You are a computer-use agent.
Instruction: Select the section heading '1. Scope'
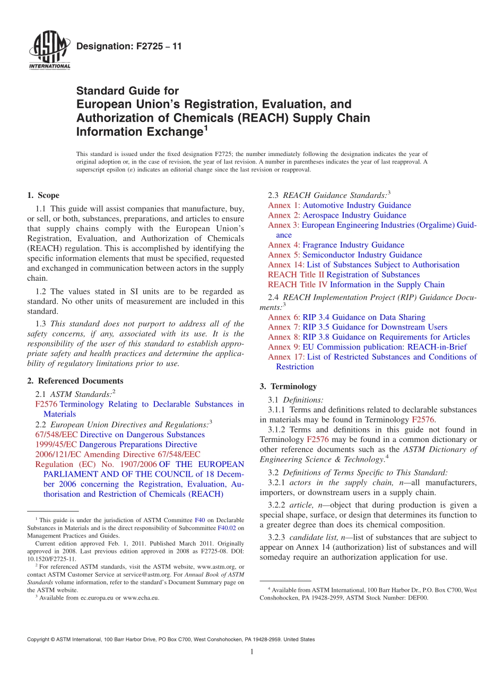tap(43, 195)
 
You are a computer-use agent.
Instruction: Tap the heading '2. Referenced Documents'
tap(75, 381)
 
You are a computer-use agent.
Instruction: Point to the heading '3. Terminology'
tap(288, 386)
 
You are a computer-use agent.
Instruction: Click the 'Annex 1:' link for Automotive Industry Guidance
tap(284, 205)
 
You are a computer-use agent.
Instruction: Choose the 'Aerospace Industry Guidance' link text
tap(354, 215)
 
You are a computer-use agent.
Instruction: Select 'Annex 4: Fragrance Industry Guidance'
tap(336, 245)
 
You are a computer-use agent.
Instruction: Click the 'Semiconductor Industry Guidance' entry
tap(362, 255)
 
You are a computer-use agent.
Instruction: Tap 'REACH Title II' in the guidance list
tap(296, 275)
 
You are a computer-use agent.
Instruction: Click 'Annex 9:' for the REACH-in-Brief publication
tap(284, 347)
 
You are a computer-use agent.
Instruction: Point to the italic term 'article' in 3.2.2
tap(300, 505)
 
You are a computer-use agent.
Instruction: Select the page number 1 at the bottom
tap(252, 652)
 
